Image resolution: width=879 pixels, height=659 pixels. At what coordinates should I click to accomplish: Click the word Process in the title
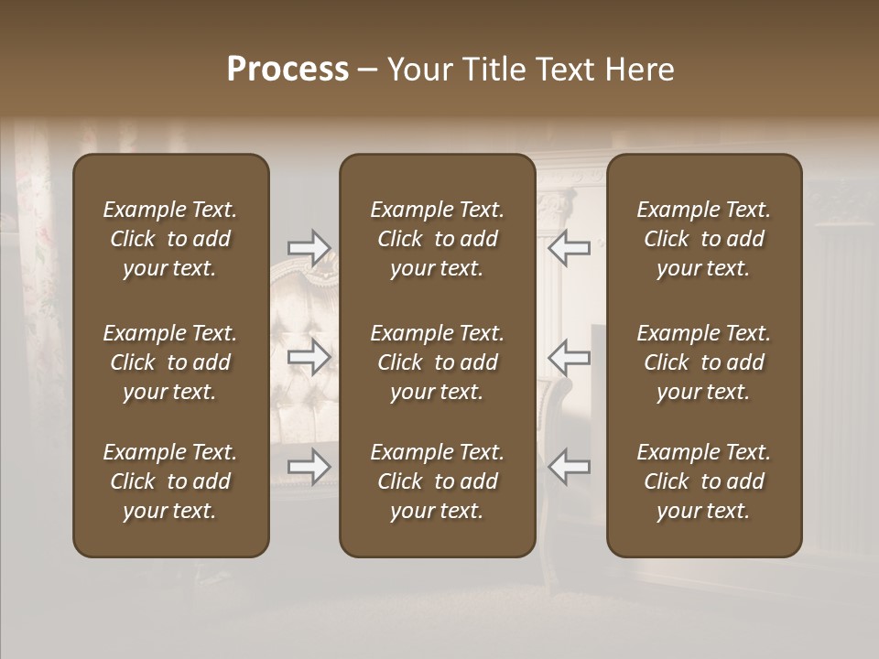288,70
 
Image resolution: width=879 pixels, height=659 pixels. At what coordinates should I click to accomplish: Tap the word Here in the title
641,70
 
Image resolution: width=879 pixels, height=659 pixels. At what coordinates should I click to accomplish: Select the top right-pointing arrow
309,247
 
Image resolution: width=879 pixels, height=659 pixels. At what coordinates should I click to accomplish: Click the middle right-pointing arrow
309,357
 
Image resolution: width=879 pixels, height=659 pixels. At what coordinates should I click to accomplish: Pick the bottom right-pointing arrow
309,467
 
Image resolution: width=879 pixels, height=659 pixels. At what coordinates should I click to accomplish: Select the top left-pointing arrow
569,247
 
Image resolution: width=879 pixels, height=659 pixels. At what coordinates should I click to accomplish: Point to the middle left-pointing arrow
569,357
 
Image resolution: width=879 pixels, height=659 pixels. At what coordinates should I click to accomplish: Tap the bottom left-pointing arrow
569,467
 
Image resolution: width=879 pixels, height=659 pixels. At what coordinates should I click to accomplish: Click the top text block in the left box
170,239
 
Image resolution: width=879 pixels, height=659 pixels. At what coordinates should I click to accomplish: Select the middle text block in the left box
170,362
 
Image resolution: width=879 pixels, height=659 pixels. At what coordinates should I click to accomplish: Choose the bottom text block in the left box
170,481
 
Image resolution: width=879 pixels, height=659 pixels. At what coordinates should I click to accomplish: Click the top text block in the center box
437,239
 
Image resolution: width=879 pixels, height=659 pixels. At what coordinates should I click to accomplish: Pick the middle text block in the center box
437,362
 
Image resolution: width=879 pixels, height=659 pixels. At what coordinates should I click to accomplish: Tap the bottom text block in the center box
437,481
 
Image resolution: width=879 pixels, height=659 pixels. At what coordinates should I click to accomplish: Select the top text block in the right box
703,239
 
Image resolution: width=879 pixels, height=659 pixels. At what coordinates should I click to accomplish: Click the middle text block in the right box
703,362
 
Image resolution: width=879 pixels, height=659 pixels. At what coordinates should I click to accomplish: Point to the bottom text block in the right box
703,481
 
